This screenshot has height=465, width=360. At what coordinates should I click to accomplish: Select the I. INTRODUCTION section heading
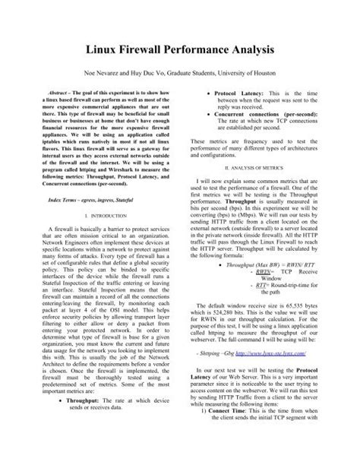pos(105,215)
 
